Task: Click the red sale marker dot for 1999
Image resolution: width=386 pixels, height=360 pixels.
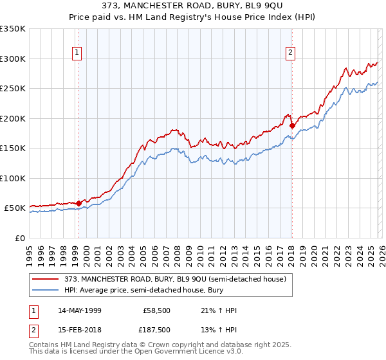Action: (x=78, y=203)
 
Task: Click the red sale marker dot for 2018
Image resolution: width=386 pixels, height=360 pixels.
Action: (x=292, y=126)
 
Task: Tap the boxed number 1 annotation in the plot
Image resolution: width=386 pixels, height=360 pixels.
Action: (x=77, y=53)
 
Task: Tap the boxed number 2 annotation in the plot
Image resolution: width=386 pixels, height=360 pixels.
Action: (x=291, y=53)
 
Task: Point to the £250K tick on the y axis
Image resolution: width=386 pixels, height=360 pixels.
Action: (x=13, y=89)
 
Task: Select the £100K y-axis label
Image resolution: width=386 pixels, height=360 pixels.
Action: (x=13, y=178)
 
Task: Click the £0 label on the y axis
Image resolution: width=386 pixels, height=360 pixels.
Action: (x=19, y=238)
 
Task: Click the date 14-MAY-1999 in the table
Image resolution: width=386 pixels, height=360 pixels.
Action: (x=79, y=310)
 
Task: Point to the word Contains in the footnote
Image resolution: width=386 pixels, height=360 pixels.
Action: (x=45, y=345)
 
